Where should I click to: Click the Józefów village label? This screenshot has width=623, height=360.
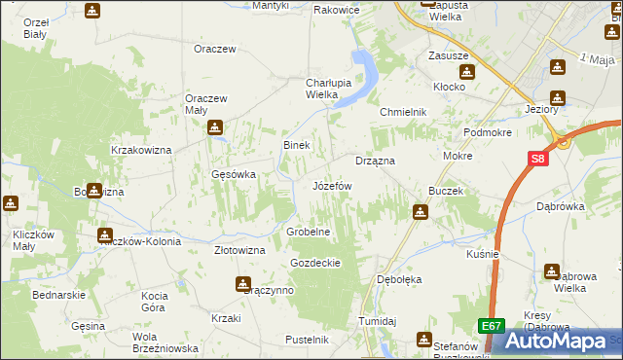click(331, 185)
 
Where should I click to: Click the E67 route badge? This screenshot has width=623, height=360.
click(491, 328)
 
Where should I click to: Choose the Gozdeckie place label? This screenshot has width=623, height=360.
click(314, 263)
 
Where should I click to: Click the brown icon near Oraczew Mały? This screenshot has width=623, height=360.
click(215, 126)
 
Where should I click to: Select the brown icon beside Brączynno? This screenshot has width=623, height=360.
click(242, 284)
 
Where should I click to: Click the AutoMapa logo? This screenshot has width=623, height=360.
click(562, 342)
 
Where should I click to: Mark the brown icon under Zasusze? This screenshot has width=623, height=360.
click(467, 72)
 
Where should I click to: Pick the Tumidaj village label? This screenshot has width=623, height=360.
click(377, 321)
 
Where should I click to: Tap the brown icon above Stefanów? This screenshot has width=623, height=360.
click(424, 339)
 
